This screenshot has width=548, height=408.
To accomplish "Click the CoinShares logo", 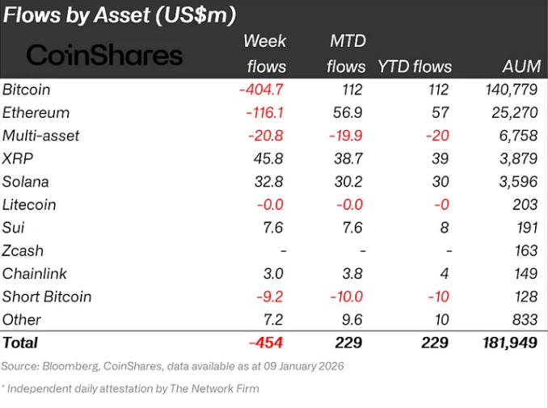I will click(104, 55).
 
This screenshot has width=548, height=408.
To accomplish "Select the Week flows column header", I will click(264, 53).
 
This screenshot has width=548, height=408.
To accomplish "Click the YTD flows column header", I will click(415, 67).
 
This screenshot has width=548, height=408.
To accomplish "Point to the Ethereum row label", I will click(36, 112).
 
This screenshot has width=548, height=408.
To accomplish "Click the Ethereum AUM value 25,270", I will click(508, 112).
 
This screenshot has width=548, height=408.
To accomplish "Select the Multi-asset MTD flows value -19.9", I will click(345, 136).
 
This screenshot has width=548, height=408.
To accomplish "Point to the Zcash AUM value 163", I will click(523, 250).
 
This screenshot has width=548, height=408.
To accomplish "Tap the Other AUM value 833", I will click(522, 320).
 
